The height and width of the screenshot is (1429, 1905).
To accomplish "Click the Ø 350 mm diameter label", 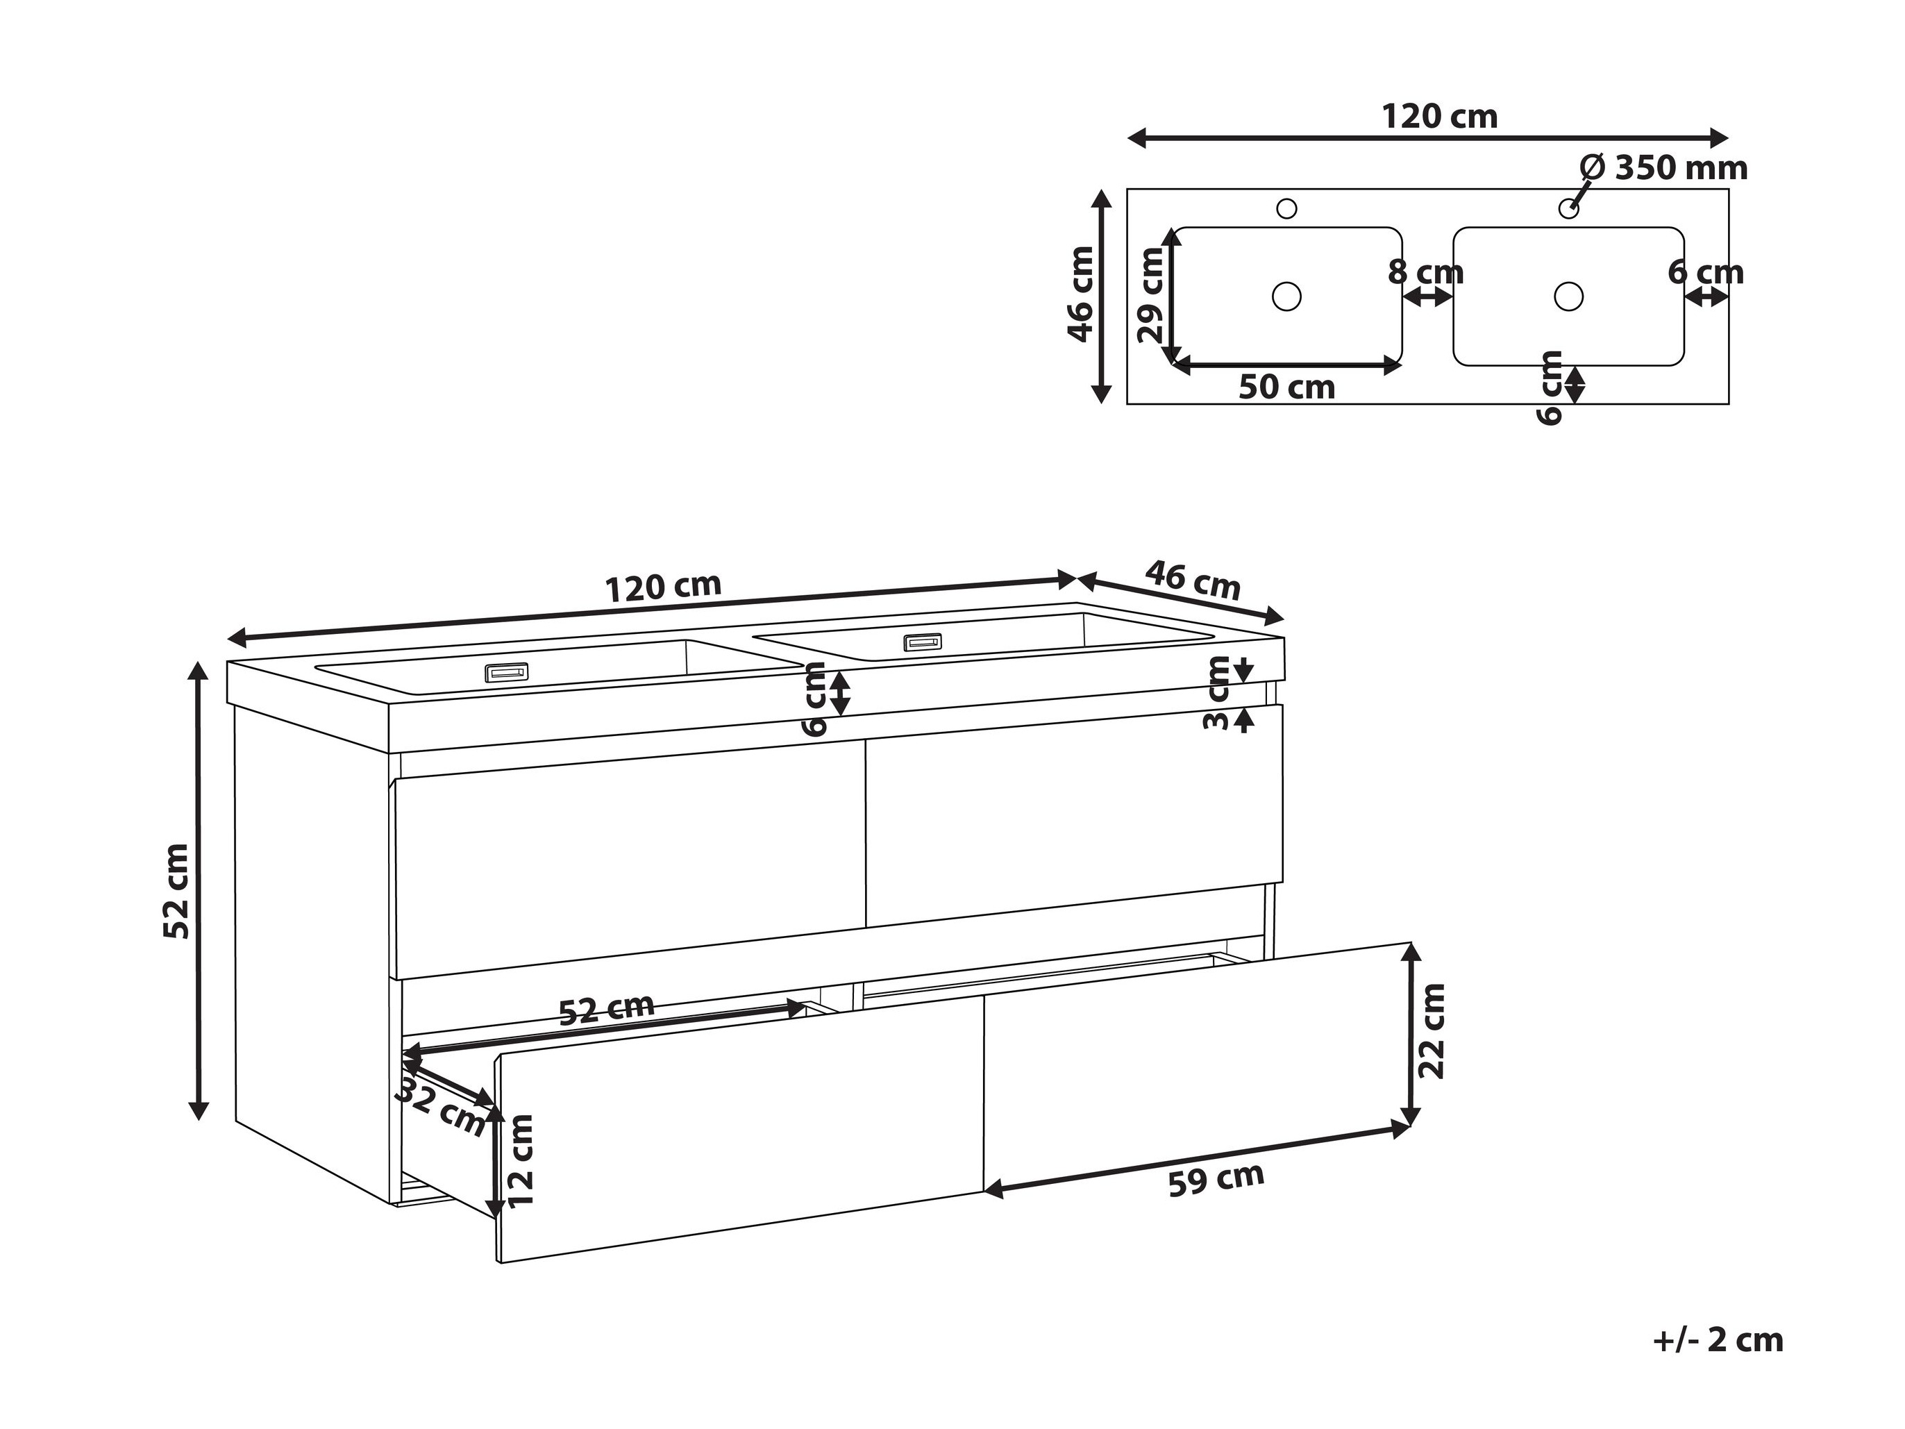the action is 1665,167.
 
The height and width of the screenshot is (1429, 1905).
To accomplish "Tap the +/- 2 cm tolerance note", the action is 1718,1340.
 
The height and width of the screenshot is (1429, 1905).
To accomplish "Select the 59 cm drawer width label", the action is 1216,1179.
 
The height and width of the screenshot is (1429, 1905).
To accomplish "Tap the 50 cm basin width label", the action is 1286,387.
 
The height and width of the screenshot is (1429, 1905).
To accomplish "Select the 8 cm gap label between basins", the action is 1426,272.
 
